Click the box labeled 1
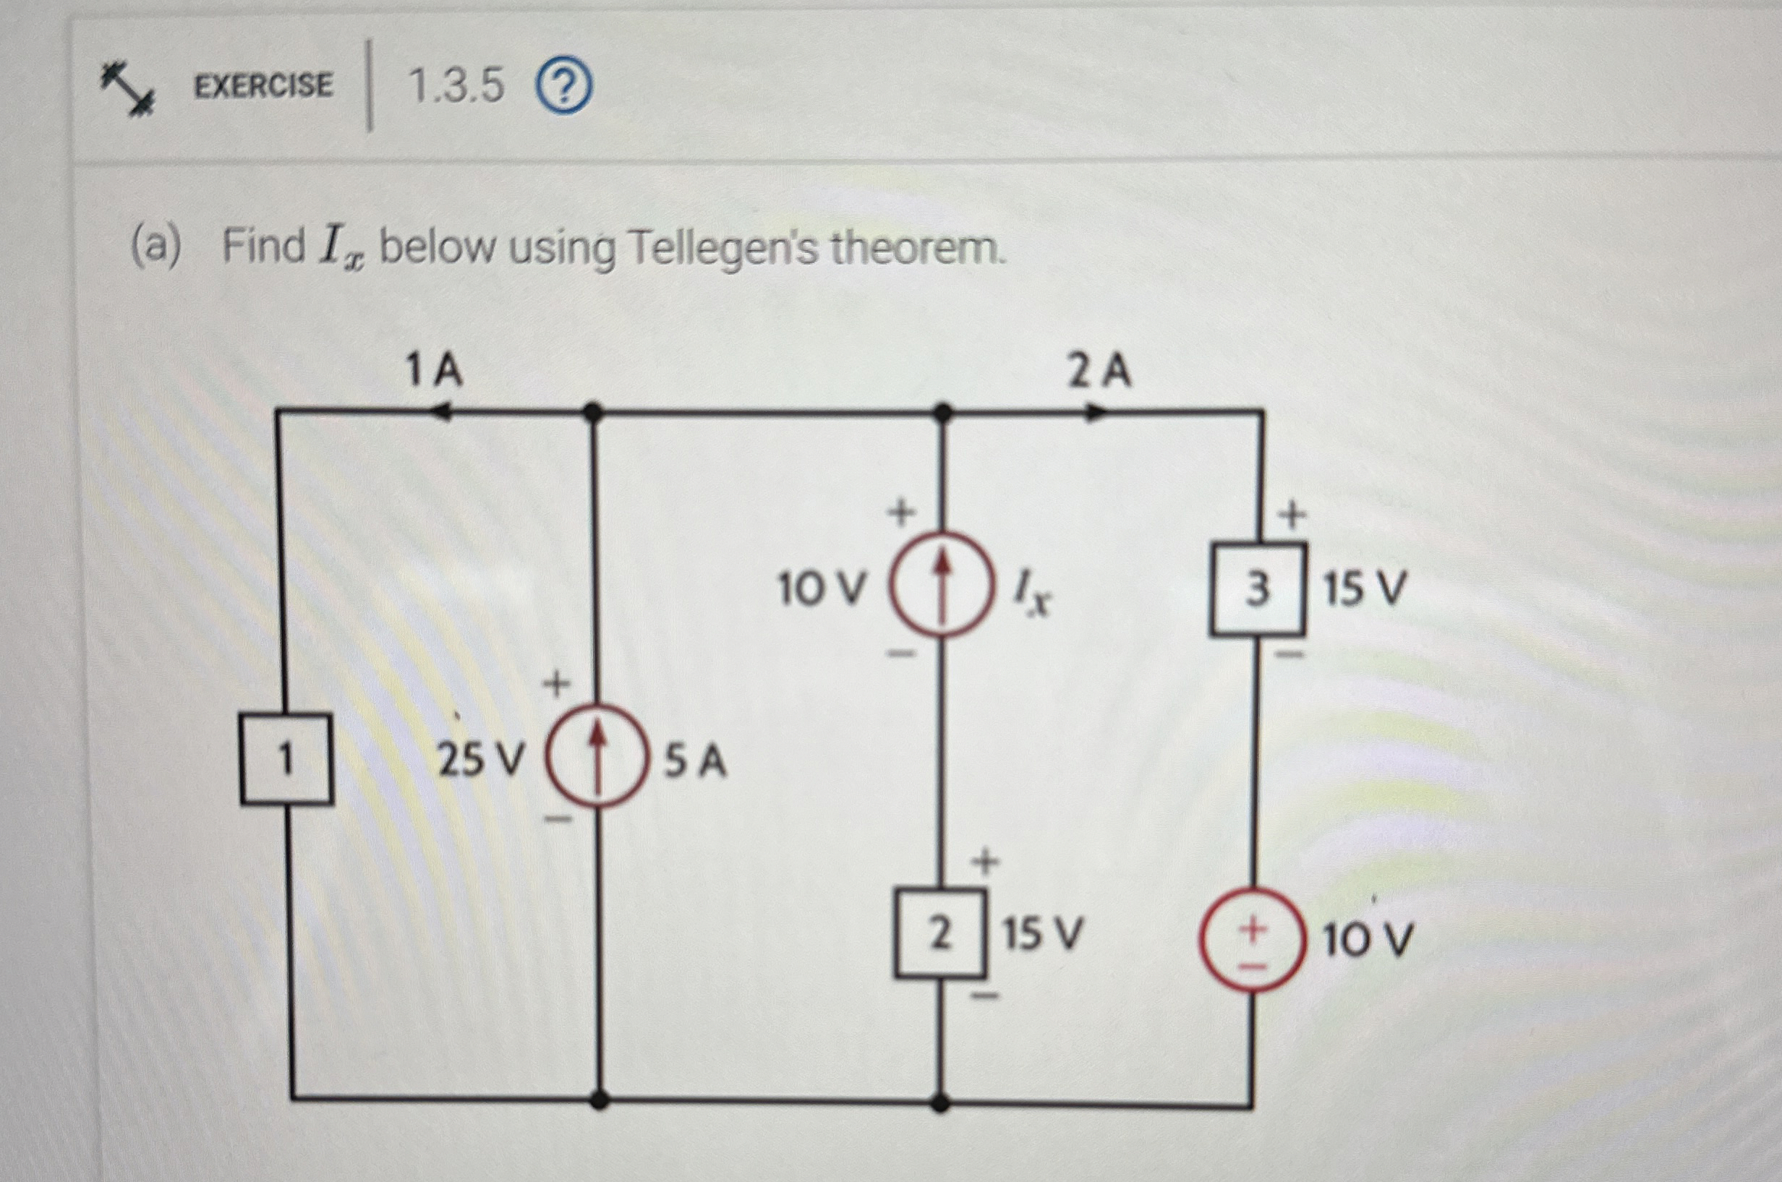click(x=286, y=759)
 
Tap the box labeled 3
click(x=1257, y=589)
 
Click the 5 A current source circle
click(x=597, y=756)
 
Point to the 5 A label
click(x=695, y=761)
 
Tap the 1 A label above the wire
click(x=433, y=371)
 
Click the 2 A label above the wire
click(x=1099, y=372)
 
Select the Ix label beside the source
click(x=1033, y=591)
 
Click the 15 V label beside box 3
click(x=1364, y=589)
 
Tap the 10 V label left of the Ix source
click(x=822, y=588)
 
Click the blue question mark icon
click(x=564, y=88)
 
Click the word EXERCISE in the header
click(x=263, y=85)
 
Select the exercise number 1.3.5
click(x=456, y=86)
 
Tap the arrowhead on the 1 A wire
click(x=440, y=412)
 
